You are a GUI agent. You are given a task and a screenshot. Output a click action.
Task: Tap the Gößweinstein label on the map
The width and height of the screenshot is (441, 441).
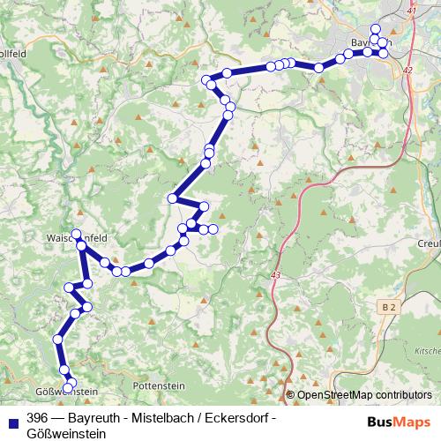click(66, 390)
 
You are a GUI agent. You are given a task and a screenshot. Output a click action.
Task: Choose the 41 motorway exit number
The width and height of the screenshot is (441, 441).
click(412, 10)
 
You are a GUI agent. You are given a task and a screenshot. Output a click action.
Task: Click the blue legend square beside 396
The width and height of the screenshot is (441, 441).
click(13, 418)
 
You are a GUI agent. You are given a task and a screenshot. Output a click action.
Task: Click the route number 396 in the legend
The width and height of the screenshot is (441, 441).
click(37, 418)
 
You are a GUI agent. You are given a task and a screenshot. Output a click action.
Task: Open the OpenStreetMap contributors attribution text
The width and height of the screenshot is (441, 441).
click(364, 394)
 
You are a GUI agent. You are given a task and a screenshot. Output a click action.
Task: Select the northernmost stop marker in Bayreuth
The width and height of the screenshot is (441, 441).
click(376, 28)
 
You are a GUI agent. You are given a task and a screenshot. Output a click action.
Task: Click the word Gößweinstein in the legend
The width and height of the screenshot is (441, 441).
click(66, 433)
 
